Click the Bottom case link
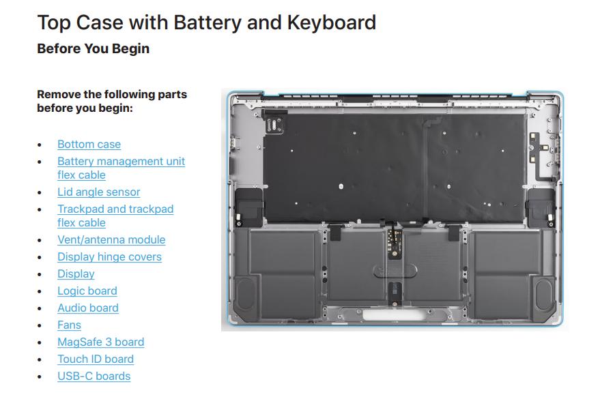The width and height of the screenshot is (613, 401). [89, 144]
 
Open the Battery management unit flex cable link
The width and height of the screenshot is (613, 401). [121, 168]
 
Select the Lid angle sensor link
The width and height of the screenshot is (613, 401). [98, 192]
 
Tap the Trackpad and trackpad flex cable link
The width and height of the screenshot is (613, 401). [115, 216]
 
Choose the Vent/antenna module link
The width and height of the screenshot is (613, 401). [111, 239]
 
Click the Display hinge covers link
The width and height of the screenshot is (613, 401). [109, 256]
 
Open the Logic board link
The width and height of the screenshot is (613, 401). [87, 291]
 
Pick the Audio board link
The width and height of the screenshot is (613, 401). [88, 308]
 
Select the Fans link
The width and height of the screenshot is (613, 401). [69, 325]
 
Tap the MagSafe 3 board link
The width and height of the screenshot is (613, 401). [101, 342]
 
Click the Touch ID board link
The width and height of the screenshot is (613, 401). [96, 359]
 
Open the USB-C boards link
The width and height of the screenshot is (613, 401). [94, 376]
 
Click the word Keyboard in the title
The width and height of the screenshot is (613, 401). [332, 23]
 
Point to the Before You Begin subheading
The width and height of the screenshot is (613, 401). [93, 48]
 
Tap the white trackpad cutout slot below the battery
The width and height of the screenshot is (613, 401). [394, 314]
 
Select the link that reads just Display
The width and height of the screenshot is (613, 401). [76, 273]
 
